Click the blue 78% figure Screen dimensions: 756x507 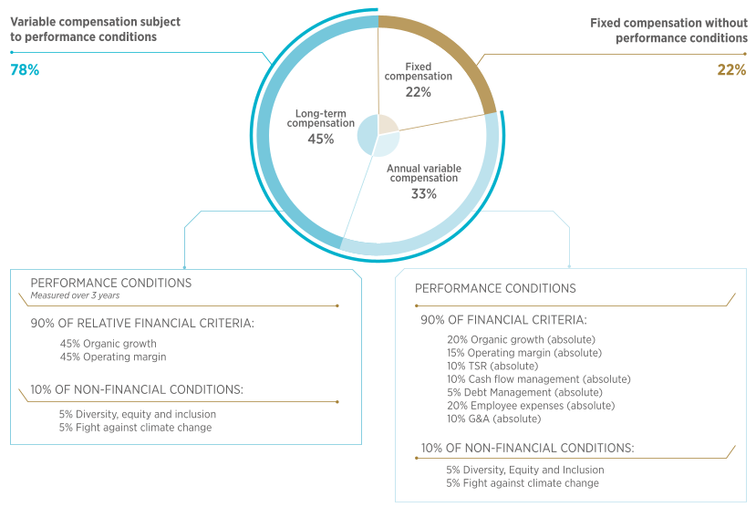[x=25, y=70]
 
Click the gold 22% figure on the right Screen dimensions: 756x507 [x=731, y=70]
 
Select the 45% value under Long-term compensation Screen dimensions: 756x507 [x=321, y=140]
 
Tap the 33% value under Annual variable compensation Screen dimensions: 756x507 [x=424, y=193]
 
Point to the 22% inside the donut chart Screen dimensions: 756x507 [x=418, y=92]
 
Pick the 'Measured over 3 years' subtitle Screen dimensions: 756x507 [x=75, y=295]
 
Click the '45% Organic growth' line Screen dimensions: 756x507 [x=108, y=344]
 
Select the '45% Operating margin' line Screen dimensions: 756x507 [x=113, y=357]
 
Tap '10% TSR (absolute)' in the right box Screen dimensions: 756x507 [x=492, y=367]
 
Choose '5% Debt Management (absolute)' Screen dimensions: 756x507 [x=524, y=393]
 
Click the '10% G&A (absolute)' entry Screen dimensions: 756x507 [x=493, y=419]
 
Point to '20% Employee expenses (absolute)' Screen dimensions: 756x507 [x=531, y=406]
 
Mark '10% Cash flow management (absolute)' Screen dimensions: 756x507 [x=539, y=379]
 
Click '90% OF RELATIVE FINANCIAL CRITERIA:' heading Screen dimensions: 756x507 [x=142, y=323]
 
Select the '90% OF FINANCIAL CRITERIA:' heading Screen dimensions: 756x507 [x=503, y=320]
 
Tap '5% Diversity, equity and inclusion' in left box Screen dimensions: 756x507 [x=138, y=415]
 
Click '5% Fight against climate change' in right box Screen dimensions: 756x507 [x=523, y=483]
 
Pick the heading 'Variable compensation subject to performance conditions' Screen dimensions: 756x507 [x=96, y=29]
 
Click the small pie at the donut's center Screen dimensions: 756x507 [x=378, y=136]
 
